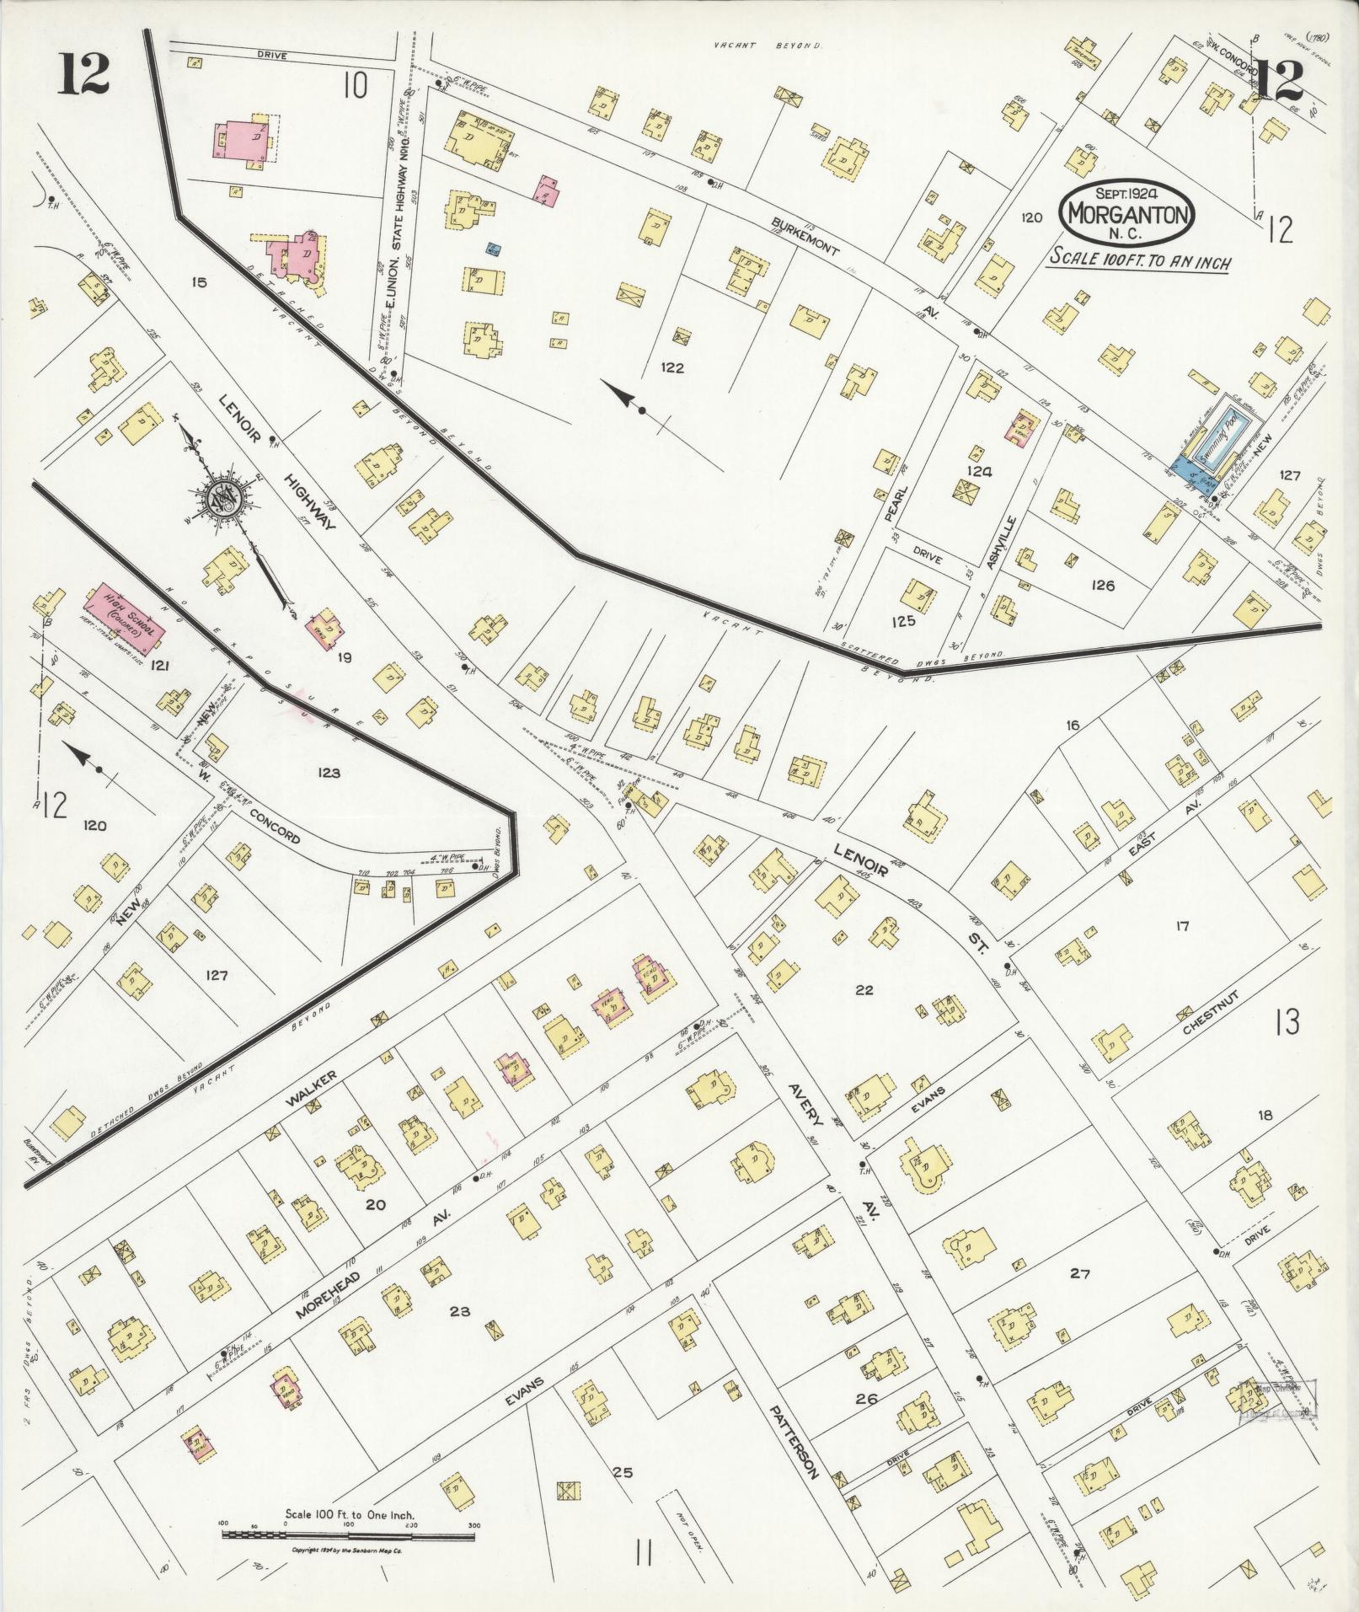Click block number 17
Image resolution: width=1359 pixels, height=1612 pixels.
tap(1182, 926)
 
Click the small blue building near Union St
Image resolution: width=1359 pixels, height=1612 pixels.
tap(495, 249)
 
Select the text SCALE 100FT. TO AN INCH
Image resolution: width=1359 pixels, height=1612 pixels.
tap(1138, 260)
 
